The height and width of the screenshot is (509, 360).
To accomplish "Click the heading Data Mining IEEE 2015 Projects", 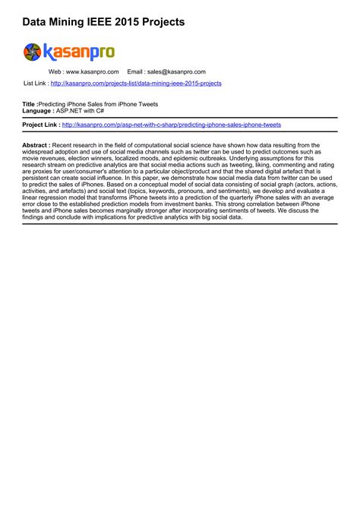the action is pos(103,23).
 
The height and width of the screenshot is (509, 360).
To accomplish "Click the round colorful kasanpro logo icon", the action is pos(33,52).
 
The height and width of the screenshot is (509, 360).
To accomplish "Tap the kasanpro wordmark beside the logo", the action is pos(79,52).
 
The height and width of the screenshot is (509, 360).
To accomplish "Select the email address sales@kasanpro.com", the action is pos(176,72).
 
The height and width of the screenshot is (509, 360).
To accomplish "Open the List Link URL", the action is pos(136,83).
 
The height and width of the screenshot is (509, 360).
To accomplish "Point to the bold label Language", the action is pos(38,109).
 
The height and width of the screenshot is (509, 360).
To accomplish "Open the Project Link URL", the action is pos(172,125).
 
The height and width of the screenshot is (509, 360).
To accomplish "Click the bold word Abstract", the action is pos(36,144).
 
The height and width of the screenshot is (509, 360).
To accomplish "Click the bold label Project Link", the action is pos(41,125).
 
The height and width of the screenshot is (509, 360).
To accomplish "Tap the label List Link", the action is pos(36,83).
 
